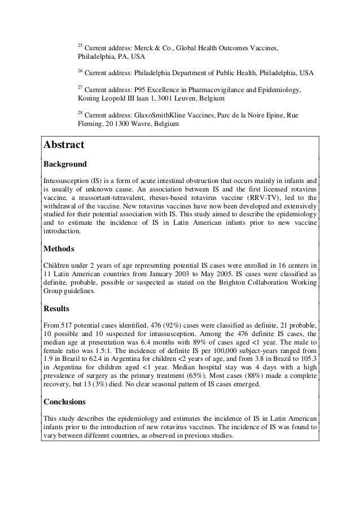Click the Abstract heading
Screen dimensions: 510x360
pos(64,145)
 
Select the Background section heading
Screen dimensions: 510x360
pos(65,164)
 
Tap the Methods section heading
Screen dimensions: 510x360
pos(59,249)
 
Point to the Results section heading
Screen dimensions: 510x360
pos(56,308)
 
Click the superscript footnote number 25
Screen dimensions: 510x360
pos(80,44)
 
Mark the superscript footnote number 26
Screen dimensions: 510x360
pos(80,71)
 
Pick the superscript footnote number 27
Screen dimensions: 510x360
pos(80,88)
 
